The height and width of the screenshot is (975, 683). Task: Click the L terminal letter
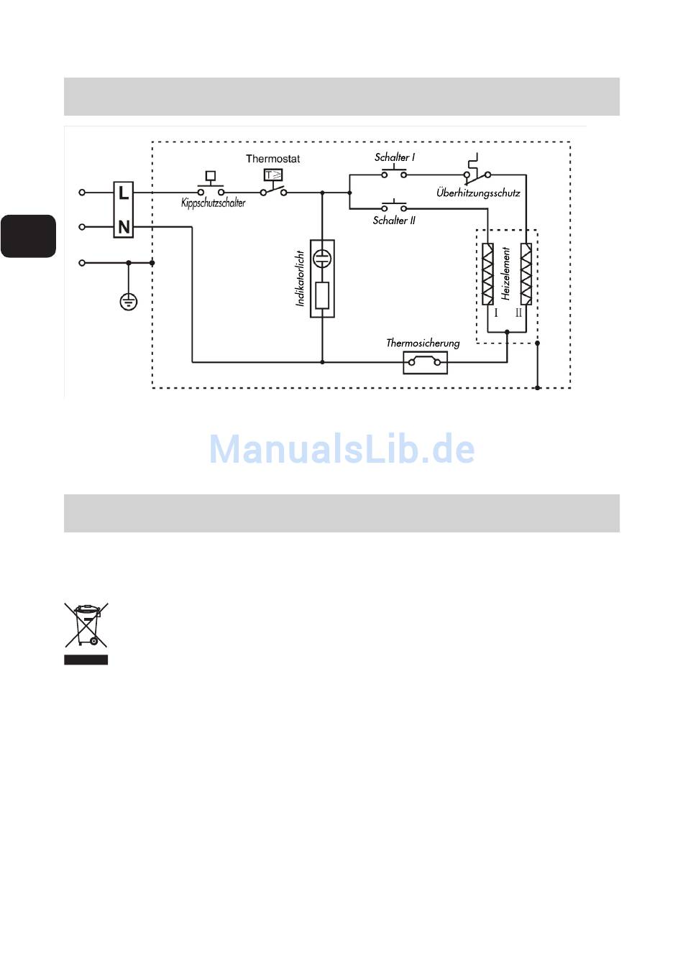coord(124,193)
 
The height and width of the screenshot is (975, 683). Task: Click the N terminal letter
coord(124,227)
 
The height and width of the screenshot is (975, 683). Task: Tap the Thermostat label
coord(272,159)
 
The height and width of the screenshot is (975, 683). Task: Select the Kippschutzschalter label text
coord(213,203)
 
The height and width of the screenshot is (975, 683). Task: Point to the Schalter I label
coord(394,157)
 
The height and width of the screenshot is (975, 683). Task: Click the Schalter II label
coord(394,221)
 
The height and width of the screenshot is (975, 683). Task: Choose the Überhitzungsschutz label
coord(478,193)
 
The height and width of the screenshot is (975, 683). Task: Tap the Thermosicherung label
coord(423,343)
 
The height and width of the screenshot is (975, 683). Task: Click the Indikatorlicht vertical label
coord(301,279)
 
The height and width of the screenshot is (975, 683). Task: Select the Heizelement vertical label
coord(506,274)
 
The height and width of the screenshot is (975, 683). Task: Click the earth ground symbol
coord(128,302)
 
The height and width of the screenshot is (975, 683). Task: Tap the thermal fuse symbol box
coord(425,363)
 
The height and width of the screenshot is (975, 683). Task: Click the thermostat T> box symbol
coord(273,175)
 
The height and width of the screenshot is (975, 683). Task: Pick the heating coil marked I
coord(488,274)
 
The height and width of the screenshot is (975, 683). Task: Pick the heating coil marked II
coord(526,274)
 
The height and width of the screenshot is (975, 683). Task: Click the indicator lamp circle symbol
coord(322,259)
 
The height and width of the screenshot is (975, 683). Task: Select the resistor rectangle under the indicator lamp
coord(322,295)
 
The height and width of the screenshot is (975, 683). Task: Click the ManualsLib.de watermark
coord(341,449)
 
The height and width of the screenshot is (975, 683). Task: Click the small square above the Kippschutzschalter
coord(211,175)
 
